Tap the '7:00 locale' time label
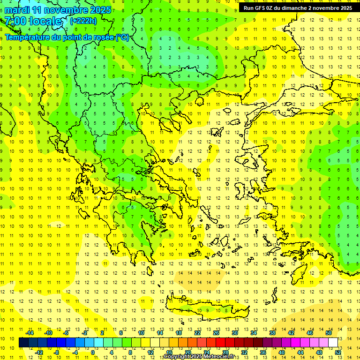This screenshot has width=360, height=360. coord(33,21)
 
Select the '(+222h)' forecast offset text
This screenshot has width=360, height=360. coord(83,21)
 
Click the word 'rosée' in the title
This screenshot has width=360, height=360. coord(101,37)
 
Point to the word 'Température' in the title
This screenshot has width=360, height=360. coord(28,37)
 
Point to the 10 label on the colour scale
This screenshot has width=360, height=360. coord(141,333)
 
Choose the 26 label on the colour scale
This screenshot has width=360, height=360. coord(216,333)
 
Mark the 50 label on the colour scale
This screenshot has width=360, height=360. coord(329,333)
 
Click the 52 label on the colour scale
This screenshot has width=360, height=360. coord(338,352)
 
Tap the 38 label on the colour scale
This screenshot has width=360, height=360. coord(272,333)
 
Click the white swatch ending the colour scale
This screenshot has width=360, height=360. coord(333,342)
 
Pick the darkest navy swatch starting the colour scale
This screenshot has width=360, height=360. coord(23,342)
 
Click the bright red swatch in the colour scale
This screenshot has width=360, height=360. coord(220,342)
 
